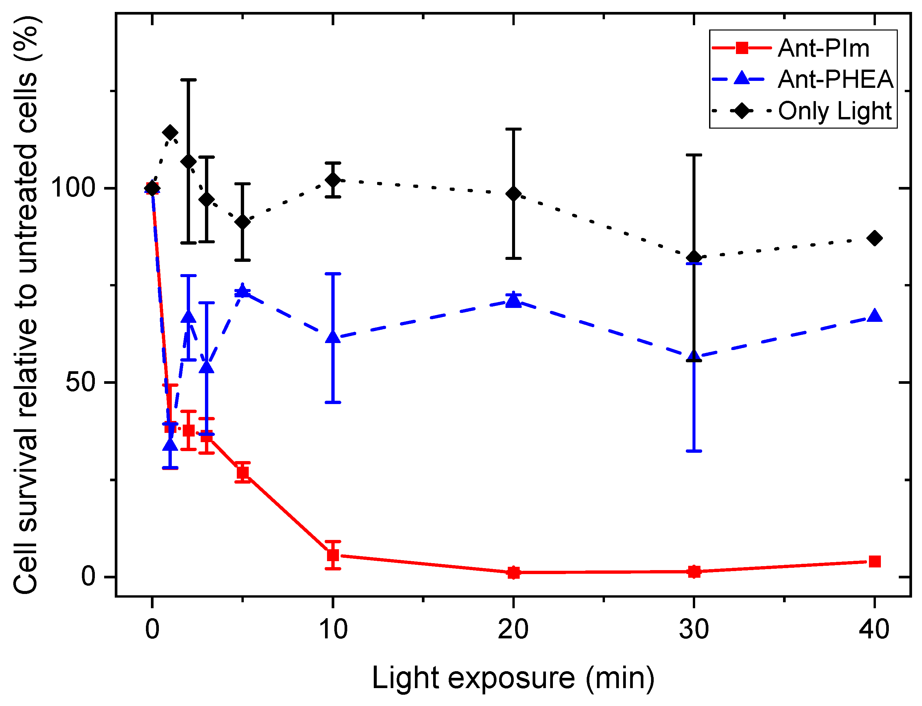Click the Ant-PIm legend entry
(823, 48)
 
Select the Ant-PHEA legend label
(835, 80)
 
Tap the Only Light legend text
(834, 111)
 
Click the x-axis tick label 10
(333, 629)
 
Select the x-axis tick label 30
(694, 629)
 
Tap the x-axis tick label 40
(874, 629)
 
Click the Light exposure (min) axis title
(513, 678)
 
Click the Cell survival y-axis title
(26, 305)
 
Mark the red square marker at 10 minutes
(333, 556)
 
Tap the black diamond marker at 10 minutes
(333, 180)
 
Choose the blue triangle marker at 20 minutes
(513, 300)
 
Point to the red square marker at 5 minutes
(242, 472)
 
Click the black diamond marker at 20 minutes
(513, 194)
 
